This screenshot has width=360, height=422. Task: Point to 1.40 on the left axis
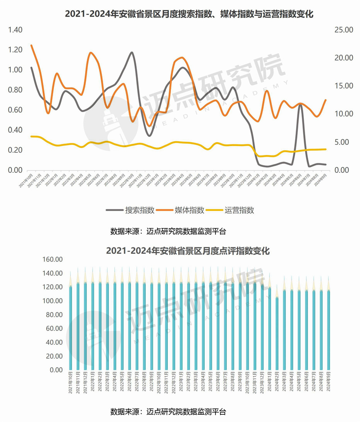[15, 30]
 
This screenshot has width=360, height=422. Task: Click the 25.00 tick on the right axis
[342, 30]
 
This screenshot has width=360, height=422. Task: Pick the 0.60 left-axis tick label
[15, 110]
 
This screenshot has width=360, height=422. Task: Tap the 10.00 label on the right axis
[342, 114]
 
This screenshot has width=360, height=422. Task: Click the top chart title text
[189, 14]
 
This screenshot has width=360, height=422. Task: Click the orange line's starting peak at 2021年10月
[31, 45]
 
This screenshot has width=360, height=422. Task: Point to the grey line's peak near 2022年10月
[132, 52]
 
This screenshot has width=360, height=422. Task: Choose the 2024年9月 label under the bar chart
[328, 383]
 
